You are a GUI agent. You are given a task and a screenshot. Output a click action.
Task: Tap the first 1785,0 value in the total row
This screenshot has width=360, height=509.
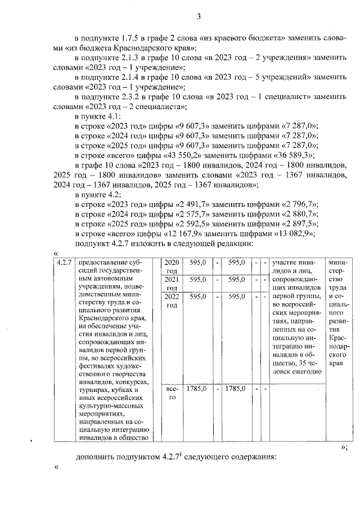pyautogui.click(x=196, y=388)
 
